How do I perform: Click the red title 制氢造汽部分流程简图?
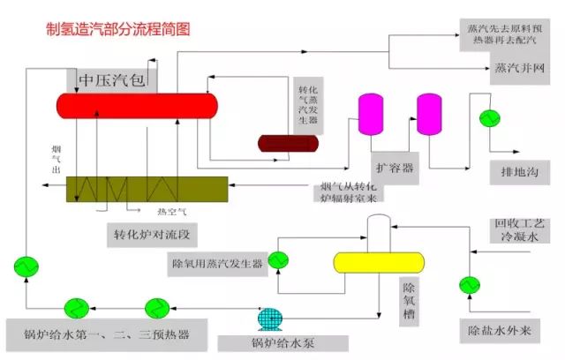[x=117, y=29]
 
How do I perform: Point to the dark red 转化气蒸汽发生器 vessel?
[x=288, y=143]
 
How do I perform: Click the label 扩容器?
[x=395, y=168]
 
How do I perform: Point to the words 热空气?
[x=171, y=212]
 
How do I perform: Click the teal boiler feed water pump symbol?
[x=267, y=318]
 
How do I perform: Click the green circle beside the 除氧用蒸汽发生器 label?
[x=279, y=260]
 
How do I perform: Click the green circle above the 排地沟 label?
[x=486, y=117]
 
